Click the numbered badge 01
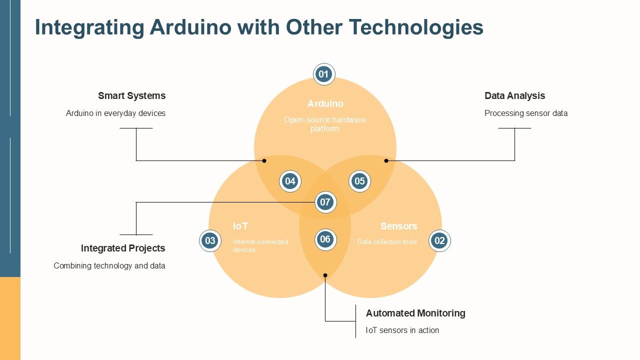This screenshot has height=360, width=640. point(324,74)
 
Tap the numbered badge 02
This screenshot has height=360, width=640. point(439,241)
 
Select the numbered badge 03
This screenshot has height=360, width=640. point(210,241)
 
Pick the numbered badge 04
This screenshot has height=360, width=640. point(290,181)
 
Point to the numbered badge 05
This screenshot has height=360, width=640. point(359,181)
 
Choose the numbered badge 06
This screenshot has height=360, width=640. point(325,239)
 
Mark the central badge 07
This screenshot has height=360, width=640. point(325,202)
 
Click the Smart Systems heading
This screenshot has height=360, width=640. point(131,95)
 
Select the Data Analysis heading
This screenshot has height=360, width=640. point(514,95)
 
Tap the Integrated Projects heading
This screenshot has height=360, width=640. point(123,248)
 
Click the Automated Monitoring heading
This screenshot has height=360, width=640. point(415,313)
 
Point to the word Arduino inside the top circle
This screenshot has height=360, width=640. point(325,103)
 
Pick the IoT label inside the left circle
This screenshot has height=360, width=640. point(240,226)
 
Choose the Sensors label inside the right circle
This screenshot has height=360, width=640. point(398,226)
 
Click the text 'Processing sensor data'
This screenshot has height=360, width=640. point(526,113)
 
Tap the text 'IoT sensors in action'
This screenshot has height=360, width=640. point(402,330)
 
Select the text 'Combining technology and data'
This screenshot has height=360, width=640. point(109,265)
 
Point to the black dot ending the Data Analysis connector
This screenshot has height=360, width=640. point(386,160)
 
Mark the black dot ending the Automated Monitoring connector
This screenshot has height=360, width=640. point(325,275)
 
